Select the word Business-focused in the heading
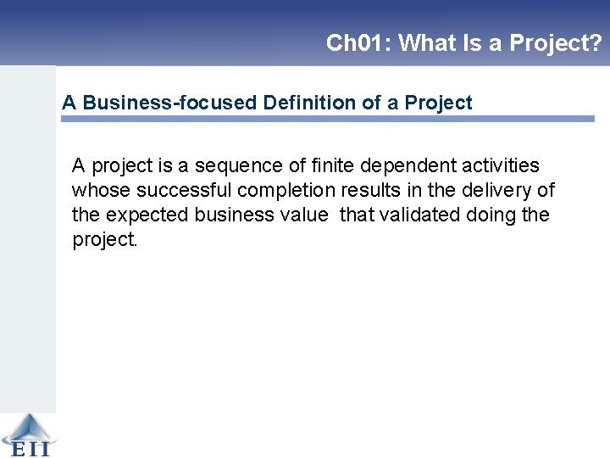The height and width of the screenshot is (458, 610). point(170,103)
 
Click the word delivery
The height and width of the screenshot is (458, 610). point(500,190)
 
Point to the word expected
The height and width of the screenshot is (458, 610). point(147,215)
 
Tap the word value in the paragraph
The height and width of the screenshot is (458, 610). point(303,215)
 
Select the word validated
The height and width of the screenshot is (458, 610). point(419,215)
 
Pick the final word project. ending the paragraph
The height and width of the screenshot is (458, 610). point(104,240)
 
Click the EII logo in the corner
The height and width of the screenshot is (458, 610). point(28,435)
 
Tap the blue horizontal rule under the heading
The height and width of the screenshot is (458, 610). point(327,120)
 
